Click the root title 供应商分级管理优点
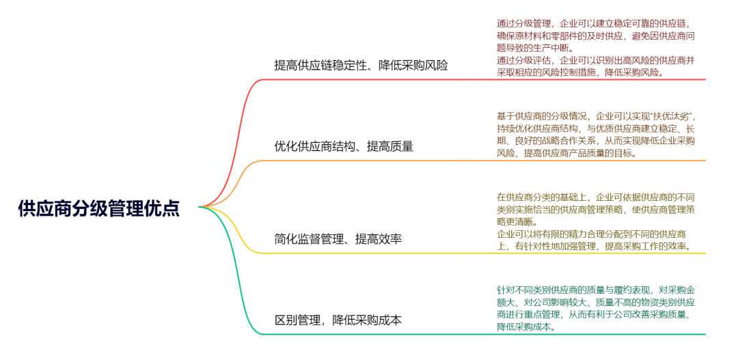point(99,208)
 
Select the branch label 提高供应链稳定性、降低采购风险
point(361,66)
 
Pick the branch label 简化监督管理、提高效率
point(338,239)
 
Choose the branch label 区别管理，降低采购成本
point(338,320)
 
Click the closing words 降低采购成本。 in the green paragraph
point(527,327)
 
